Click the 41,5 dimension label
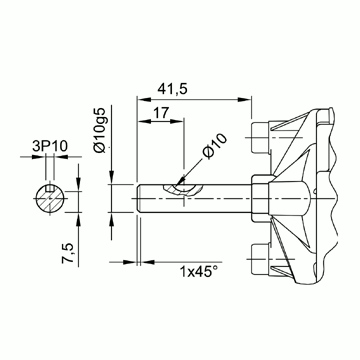172,89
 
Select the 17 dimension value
161,112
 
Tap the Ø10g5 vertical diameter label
100,130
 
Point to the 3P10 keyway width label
50,146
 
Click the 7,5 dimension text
68,253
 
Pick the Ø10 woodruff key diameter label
214,146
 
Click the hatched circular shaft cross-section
50,199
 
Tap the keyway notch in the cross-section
50,188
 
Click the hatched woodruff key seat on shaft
183,189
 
